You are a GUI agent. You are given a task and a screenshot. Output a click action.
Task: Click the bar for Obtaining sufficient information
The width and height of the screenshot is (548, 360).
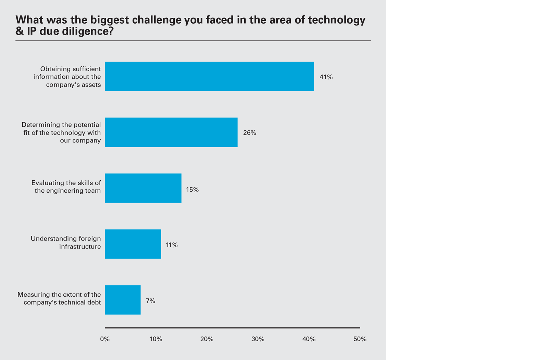point(209,76)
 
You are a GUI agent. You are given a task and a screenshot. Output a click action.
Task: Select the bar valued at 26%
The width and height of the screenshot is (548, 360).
point(171,132)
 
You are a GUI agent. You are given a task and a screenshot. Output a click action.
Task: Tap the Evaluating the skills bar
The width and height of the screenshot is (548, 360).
point(143,188)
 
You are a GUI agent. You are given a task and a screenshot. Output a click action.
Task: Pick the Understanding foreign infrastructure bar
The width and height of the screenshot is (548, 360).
point(133,244)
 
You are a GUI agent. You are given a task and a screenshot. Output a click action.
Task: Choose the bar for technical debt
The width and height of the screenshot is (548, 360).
point(123,300)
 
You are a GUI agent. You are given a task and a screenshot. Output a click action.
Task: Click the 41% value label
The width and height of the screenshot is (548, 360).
point(326,77)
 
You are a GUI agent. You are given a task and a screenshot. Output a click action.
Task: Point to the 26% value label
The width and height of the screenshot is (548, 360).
point(250,133)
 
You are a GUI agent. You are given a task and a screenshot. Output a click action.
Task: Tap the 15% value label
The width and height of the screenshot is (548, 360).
point(192,190)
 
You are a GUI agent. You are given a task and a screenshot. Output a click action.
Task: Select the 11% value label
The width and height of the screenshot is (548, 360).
point(172,245)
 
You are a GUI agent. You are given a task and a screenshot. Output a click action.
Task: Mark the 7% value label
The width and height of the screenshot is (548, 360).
point(150,301)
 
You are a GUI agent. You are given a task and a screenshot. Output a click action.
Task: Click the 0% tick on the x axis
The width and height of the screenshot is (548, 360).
point(105,339)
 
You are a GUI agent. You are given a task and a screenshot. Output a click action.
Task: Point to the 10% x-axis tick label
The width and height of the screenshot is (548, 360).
point(156,339)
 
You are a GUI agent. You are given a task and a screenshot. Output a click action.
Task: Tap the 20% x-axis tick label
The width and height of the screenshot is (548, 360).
point(207,339)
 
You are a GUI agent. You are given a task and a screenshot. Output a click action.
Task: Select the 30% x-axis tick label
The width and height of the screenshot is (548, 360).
point(258,339)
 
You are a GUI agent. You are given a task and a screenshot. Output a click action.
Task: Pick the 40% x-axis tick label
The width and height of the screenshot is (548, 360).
point(309,339)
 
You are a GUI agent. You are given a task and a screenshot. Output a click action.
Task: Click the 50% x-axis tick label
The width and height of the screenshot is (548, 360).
point(360,339)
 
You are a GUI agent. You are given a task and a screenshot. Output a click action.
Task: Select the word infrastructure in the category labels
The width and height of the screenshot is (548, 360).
point(80,246)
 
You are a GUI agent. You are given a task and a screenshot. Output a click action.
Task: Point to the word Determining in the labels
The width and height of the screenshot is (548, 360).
point(38,125)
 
